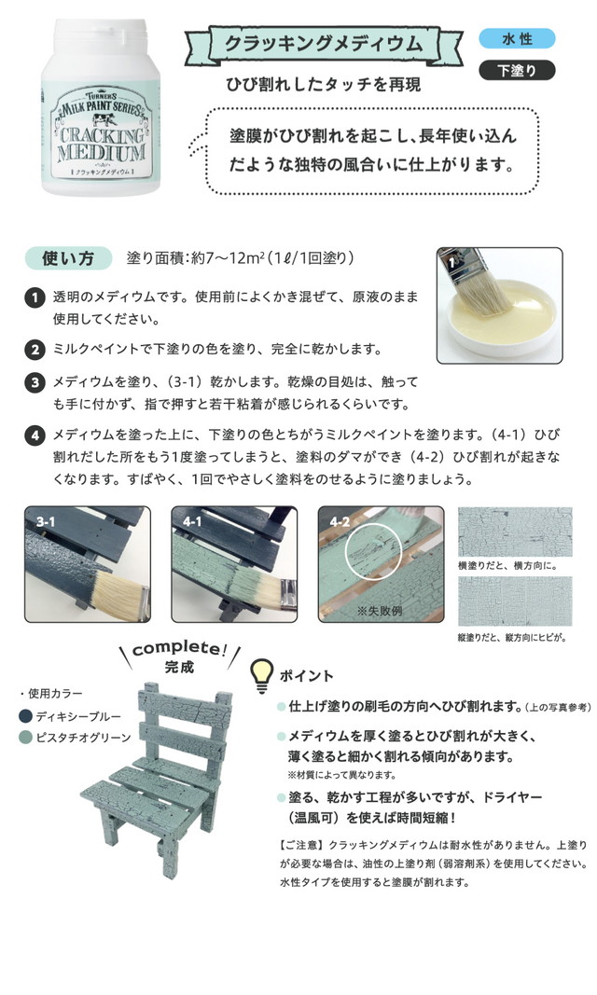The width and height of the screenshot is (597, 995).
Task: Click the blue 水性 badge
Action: click(x=517, y=39)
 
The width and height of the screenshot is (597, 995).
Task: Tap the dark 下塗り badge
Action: click(x=517, y=71)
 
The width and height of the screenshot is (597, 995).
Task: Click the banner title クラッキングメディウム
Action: click(x=324, y=43)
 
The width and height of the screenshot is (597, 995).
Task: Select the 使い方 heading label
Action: click(x=68, y=258)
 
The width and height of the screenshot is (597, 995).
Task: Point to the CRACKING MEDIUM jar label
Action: click(x=103, y=133)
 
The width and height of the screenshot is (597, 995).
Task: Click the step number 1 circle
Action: click(x=35, y=297)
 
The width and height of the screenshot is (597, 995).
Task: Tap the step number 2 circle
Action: click(x=35, y=349)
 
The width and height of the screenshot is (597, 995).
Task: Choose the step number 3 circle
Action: click(x=35, y=382)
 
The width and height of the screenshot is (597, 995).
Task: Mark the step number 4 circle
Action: click(x=35, y=435)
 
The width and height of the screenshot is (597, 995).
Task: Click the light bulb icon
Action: click(x=261, y=675)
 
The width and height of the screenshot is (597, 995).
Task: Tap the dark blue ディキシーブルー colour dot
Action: click(x=25, y=716)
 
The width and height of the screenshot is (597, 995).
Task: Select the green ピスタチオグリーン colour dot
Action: click(x=25, y=738)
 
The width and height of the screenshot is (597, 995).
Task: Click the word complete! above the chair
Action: click(x=179, y=648)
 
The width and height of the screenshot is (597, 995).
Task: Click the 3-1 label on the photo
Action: click(x=45, y=521)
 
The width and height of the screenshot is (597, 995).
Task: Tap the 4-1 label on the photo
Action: click(x=192, y=521)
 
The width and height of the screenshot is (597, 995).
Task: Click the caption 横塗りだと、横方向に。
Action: click(x=507, y=566)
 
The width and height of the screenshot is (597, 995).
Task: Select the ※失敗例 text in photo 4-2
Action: click(x=380, y=611)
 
